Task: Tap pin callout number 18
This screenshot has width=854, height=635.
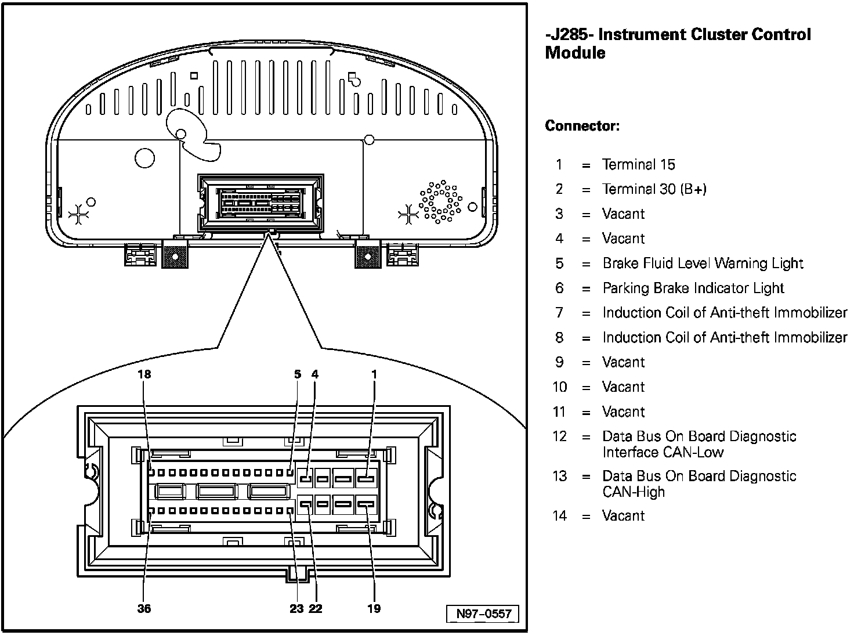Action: pyautogui.click(x=144, y=374)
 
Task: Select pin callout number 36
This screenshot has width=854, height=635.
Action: pyautogui.click(x=144, y=608)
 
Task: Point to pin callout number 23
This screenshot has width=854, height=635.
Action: pyautogui.click(x=296, y=608)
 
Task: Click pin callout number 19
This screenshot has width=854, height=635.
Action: pyautogui.click(x=374, y=608)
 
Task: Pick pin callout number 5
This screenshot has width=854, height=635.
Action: pyautogui.click(x=298, y=374)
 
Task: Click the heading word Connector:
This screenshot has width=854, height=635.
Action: pyautogui.click(x=582, y=126)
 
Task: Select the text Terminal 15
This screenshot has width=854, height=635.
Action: pyautogui.click(x=638, y=165)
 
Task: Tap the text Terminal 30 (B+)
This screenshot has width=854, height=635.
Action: pyautogui.click(x=654, y=189)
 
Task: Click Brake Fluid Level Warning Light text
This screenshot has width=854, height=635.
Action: pyautogui.click(x=703, y=264)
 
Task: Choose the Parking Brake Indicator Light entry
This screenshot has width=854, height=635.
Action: pyautogui.click(x=693, y=288)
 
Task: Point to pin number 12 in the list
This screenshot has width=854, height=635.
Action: pyautogui.click(x=559, y=436)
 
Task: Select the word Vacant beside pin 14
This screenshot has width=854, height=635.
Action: pyautogui.click(x=623, y=516)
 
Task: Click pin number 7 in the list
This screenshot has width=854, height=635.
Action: pyautogui.click(x=559, y=313)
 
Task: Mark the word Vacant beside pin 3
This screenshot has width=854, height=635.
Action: pyautogui.click(x=623, y=214)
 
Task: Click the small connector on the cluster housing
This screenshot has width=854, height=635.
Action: pyautogui.click(x=260, y=201)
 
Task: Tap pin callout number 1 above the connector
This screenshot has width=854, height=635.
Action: pyautogui.click(x=374, y=374)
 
